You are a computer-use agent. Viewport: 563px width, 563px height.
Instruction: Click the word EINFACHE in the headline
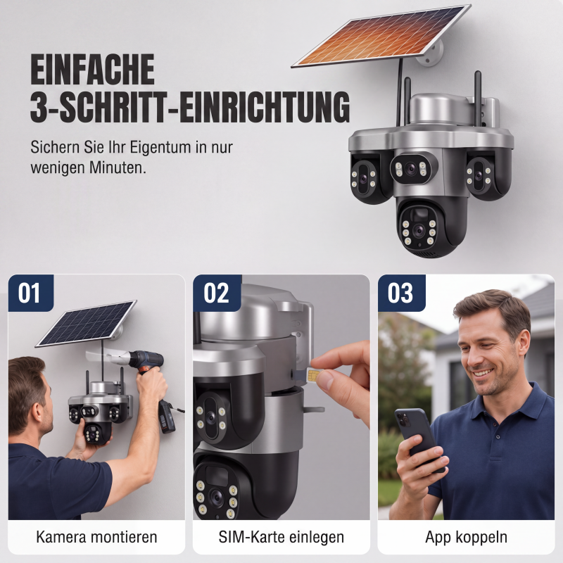93,69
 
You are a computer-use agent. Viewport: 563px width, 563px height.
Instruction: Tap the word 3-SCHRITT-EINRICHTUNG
190,107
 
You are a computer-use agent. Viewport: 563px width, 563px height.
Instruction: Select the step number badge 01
30,293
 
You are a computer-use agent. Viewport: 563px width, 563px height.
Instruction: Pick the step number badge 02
217,293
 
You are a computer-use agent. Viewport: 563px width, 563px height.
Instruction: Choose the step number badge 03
401,293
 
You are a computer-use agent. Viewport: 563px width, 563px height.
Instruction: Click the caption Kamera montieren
96,537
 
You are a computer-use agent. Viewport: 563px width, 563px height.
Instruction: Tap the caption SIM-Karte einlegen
281,537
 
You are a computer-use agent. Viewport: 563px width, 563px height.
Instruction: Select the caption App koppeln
466,538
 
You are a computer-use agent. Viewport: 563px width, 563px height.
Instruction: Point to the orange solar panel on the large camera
381,36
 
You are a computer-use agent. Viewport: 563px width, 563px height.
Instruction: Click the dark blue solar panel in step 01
86,323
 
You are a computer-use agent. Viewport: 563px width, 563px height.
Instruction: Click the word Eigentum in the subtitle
160,148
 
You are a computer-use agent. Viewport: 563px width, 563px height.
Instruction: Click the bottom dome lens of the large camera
419,231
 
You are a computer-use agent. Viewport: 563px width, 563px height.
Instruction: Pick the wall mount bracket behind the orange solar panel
431,56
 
